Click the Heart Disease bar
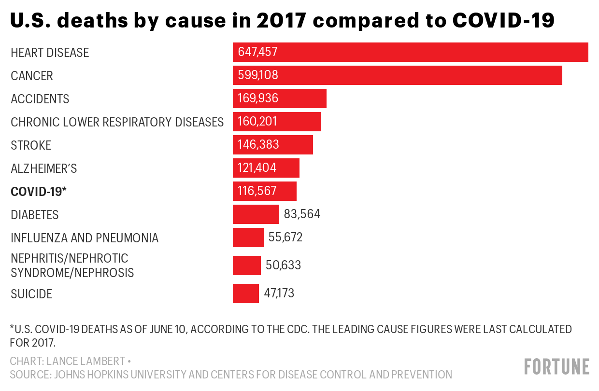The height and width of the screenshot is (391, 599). coord(411,52)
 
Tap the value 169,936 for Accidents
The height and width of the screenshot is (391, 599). coord(258,98)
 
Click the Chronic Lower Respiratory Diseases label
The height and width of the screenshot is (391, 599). coord(117,122)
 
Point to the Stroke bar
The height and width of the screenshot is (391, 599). coord(273,145)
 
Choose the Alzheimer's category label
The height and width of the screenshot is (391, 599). coord(44,168)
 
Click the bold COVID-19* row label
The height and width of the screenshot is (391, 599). coord(39,192)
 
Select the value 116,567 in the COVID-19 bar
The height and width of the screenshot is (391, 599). coord(257,191)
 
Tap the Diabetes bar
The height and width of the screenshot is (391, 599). coord(256,214)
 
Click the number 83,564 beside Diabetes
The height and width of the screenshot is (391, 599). coord(302,214)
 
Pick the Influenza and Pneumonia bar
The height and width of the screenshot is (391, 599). coord(248,237)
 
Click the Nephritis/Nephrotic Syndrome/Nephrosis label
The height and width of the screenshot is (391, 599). coord(72,265)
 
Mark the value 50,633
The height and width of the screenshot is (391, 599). coord(283,265)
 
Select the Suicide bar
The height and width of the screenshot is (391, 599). coord(246,293)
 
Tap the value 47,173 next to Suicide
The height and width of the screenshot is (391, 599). coord(279,293)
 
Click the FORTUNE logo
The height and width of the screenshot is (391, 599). coord(556,366)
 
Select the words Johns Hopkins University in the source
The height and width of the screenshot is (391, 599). coord(113,374)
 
